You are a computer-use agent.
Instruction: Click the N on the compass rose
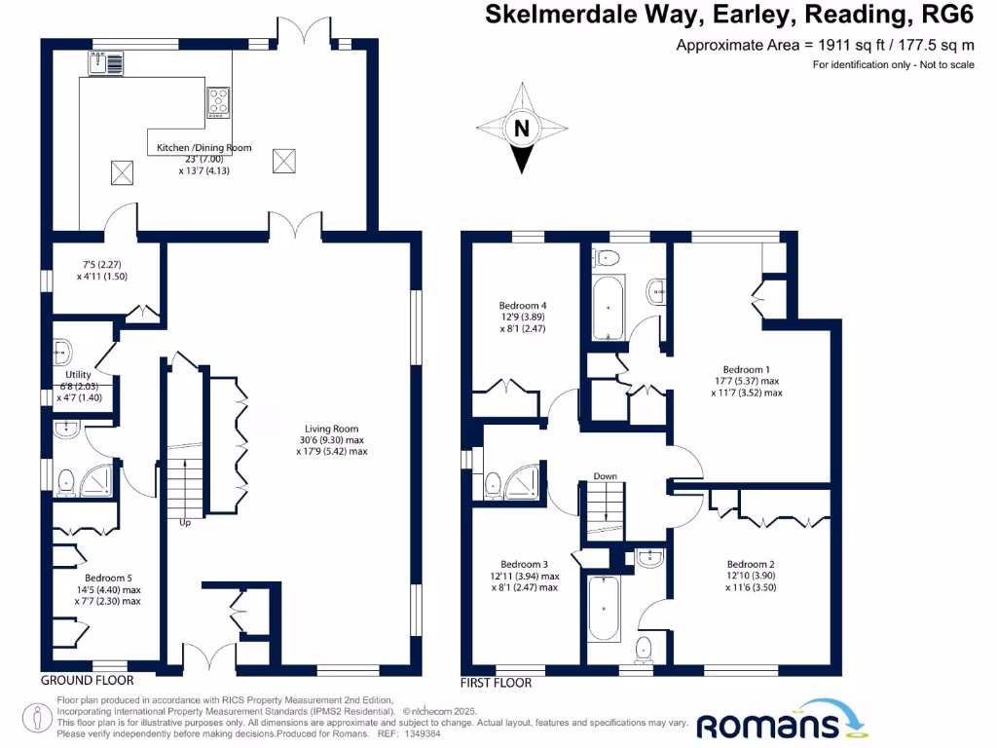pyautogui.click(x=523, y=128)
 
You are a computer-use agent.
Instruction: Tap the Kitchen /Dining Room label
pyautogui.click(x=204, y=148)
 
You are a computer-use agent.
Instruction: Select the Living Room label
pyautogui.click(x=332, y=429)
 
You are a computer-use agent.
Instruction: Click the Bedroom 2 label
pyautogui.click(x=751, y=564)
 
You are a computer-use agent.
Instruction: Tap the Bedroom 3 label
pyautogui.click(x=524, y=564)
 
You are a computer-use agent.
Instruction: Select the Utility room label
pyautogui.click(x=78, y=374)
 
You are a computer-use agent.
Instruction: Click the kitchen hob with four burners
pyautogui.click(x=218, y=101)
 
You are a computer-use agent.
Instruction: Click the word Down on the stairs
pyautogui.click(x=606, y=476)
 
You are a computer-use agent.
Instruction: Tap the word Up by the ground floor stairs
pyautogui.click(x=184, y=522)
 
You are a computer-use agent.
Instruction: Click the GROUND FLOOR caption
pyautogui.click(x=87, y=680)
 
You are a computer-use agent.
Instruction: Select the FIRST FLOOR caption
pyautogui.click(x=497, y=683)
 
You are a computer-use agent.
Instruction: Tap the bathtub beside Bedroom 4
pyautogui.click(x=608, y=308)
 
